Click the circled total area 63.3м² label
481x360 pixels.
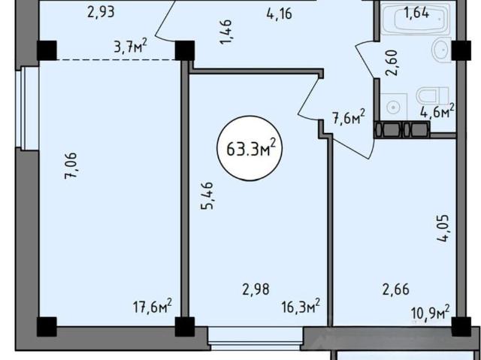click(249, 149)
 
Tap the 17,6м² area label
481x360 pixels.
click(153, 307)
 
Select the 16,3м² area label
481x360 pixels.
click(301, 307)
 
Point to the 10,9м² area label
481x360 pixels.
click(431, 312)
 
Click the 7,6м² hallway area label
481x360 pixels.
click(349, 116)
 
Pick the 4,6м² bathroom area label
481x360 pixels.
click(437, 111)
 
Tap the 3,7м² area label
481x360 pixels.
click(130, 47)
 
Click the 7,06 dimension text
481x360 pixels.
click(71, 165)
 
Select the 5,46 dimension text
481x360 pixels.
click(207, 195)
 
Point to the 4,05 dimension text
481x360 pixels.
click(443, 228)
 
